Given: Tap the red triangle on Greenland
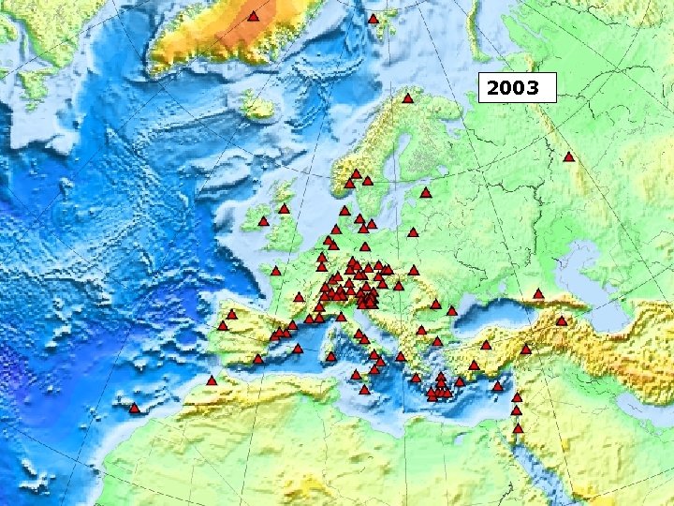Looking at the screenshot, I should tap(253, 17).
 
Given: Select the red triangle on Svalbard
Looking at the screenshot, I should tap(373, 19).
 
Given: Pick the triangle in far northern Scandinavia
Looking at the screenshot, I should tap(407, 98).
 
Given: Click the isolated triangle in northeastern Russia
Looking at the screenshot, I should tap(568, 157).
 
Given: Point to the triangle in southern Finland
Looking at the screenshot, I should tap(425, 193).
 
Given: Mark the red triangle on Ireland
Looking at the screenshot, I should tap(263, 222).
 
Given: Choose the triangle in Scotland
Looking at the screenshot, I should tap(284, 208).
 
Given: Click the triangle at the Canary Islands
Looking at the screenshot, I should tap(134, 409).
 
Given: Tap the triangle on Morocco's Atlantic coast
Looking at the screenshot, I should tap(212, 381).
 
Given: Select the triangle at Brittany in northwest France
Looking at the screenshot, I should tap(276, 272).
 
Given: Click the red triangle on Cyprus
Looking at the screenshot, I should tap(497, 386).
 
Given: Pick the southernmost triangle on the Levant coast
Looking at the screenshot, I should tap(518, 428).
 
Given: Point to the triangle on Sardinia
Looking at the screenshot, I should tap(330, 356).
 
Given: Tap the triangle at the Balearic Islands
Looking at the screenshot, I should tap(298, 349).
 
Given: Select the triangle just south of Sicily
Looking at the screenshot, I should tap(364, 390).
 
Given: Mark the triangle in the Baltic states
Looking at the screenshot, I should tap(413, 232).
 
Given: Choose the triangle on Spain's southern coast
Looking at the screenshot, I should tap(257, 359).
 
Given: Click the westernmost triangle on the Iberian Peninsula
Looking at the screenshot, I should tap(223, 326).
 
